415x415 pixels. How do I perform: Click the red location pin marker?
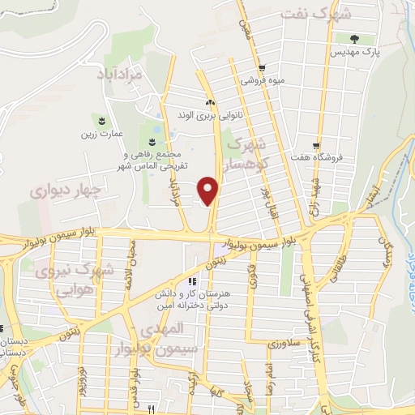209,190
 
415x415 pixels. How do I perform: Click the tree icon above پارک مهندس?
353,38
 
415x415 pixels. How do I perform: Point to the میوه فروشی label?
260,80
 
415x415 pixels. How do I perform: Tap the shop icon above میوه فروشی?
259,68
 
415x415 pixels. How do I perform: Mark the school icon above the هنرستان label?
193,281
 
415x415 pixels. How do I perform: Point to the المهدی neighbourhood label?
163,331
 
